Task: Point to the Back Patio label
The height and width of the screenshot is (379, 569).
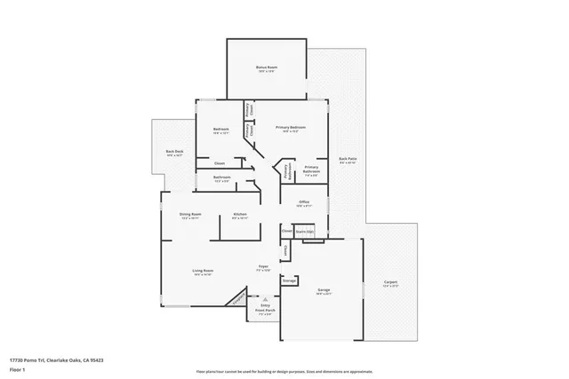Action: click(348, 161)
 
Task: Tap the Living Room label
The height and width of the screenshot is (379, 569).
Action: click(203, 272)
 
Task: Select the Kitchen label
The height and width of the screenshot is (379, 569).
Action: click(240, 215)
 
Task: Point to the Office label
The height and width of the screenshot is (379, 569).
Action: click(303, 203)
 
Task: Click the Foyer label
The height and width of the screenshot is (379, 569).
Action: click(263, 267)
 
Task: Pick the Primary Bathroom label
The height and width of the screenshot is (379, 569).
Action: click(311, 170)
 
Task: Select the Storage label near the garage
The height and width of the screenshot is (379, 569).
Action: click(289, 280)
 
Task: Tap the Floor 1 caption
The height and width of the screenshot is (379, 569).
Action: click(16, 368)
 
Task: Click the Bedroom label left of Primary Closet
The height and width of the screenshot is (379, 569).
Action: click(221, 130)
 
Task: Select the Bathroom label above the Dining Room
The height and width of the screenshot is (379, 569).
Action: click(222, 178)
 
